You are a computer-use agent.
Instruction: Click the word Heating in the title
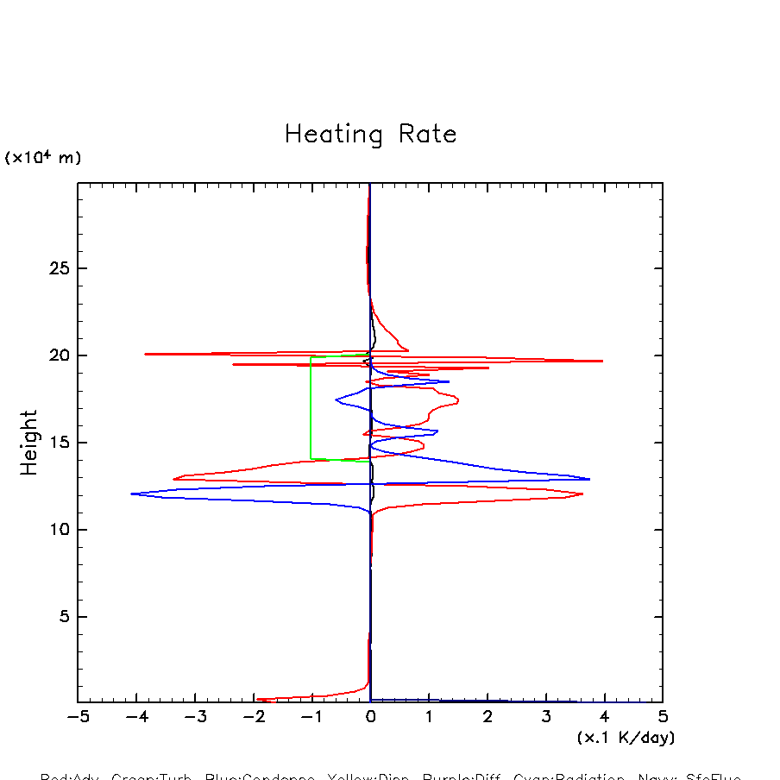pos(333,135)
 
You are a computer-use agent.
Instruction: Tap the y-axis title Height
pos(29,443)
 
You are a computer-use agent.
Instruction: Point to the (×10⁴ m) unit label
pos(43,158)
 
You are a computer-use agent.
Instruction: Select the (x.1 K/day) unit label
pos(626,738)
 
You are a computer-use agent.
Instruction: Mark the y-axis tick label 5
pos(62,618)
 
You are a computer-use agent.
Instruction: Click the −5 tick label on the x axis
pos(78,718)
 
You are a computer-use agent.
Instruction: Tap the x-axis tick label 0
pos(370,718)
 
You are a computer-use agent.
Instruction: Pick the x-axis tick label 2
pos(487,718)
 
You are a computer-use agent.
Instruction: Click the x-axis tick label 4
pos(604,718)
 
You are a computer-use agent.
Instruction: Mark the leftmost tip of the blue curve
pos(131,494)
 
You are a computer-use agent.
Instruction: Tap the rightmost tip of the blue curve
pos(589,479)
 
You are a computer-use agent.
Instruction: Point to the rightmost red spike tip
pos(602,361)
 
